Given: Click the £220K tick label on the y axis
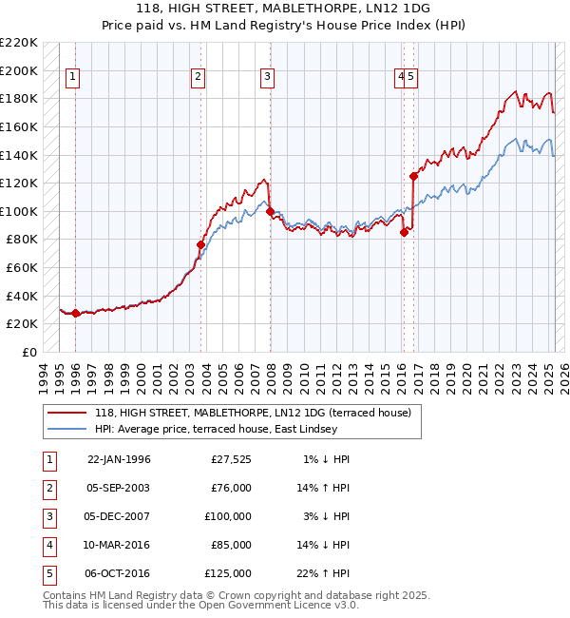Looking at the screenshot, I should (19, 43).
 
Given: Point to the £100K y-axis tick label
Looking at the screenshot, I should (19, 211).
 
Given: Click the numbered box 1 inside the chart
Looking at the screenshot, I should (73, 78).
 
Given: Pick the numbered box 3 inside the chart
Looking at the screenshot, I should (268, 78).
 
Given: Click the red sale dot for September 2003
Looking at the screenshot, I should (200, 244).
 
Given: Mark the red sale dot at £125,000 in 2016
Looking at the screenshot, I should (413, 176).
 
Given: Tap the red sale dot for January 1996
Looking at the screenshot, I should (76, 313).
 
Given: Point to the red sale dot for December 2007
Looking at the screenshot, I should (270, 211).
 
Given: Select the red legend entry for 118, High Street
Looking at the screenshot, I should (252, 413).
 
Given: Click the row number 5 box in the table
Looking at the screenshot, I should (47, 573).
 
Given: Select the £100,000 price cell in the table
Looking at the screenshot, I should (228, 516).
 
